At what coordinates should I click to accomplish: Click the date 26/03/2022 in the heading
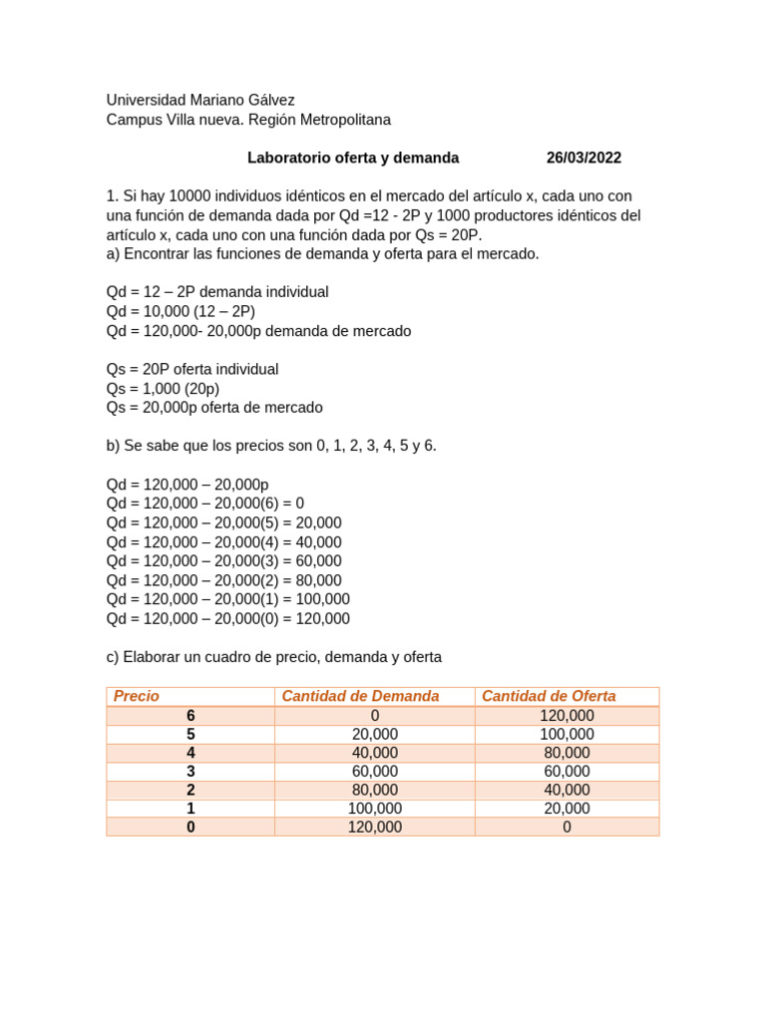tap(583, 158)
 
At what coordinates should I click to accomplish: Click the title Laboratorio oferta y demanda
tap(353, 158)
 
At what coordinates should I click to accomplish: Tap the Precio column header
tap(137, 696)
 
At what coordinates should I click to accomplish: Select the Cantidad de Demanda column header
tap(360, 696)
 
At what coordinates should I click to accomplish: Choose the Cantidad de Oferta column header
tap(549, 696)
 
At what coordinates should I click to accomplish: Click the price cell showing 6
tap(191, 716)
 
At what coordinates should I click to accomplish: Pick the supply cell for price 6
tap(567, 716)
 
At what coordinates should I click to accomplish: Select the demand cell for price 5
tap(375, 734)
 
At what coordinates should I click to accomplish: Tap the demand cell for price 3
tap(375, 772)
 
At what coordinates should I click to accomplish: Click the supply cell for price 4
tap(567, 753)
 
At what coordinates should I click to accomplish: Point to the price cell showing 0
tap(191, 827)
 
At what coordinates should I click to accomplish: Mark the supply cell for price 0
tap(567, 827)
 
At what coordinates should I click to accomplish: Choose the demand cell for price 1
tap(375, 809)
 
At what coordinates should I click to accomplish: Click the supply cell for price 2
tap(567, 790)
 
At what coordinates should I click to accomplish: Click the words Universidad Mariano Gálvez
tap(200, 100)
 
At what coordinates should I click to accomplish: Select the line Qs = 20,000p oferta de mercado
tap(214, 408)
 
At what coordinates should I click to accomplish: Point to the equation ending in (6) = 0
tap(205, 504)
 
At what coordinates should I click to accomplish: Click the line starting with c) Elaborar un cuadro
tap(273, 657)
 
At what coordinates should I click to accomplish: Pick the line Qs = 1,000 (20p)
tap(163, 389)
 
